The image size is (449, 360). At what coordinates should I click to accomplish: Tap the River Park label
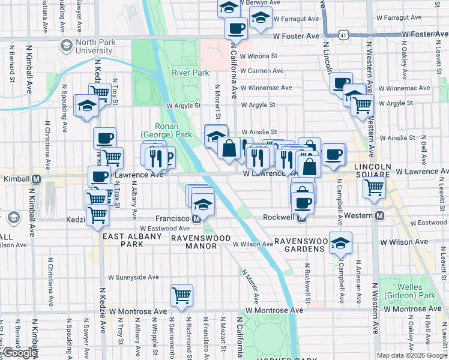(190, 73)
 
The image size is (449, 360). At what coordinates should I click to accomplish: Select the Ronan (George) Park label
(174, 131)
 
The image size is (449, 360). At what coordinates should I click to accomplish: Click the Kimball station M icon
(37, 179)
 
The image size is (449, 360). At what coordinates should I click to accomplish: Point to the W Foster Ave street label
(296, 36)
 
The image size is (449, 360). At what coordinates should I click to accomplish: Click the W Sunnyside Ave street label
(133, 278)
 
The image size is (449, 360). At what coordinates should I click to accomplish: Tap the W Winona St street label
(258, 57)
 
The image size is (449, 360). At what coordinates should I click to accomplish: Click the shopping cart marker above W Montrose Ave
(181, 295)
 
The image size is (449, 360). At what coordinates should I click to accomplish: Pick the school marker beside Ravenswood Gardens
(340, 242)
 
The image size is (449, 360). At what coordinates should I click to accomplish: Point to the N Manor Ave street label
(250, 286)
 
